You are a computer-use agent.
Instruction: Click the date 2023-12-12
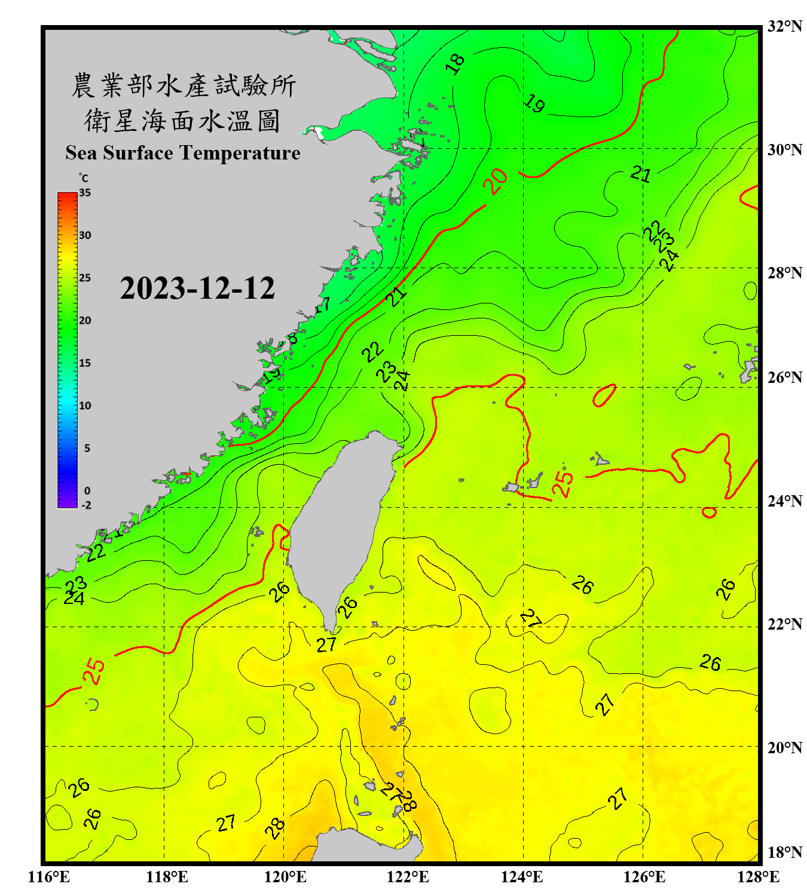[197, 288]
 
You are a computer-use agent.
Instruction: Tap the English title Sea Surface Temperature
[182, 153]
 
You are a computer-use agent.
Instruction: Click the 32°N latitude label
[784, 26]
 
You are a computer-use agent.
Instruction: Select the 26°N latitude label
[784, 378]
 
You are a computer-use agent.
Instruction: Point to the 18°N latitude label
[784, 852]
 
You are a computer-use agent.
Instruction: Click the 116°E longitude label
[49, 877]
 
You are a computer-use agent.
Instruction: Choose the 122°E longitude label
[408, 877]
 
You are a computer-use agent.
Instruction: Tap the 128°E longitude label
[758, 877]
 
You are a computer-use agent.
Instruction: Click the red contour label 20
[496, 181]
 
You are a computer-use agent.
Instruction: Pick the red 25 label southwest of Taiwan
[94, 671]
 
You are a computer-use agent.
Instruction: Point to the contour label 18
[456, 64]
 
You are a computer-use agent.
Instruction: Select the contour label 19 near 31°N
[534, 104]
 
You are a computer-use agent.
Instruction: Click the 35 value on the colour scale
[85, 193]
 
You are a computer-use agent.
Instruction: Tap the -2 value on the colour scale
[86, 505]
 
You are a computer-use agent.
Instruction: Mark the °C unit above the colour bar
[84, 178]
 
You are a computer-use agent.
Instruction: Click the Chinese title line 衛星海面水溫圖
[182, 121]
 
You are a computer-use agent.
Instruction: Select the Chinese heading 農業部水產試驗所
[183, 85]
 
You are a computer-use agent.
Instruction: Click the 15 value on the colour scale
[85, 363]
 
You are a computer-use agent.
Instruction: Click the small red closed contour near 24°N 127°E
[710, 513]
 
